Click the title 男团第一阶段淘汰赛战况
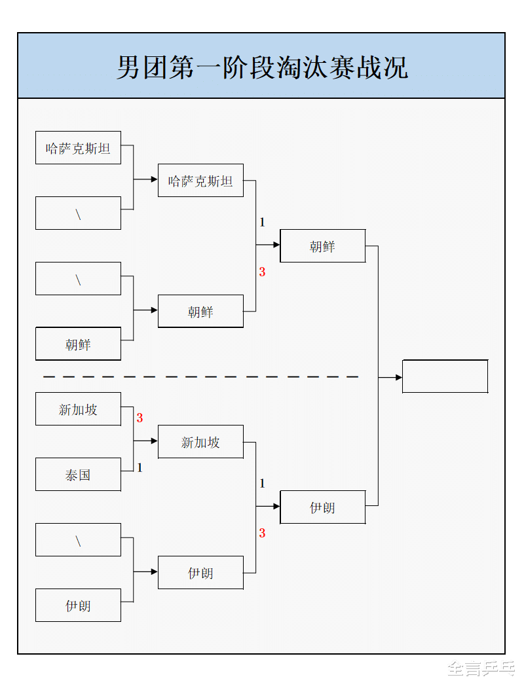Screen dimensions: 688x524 coord(262,67)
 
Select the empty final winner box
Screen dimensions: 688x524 coord(445,376)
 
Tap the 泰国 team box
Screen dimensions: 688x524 coord(78,475)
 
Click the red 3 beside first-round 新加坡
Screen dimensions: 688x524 coord(140,418)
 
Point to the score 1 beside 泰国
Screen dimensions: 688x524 coord(140,467)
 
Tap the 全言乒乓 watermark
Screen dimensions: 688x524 coord(480,668)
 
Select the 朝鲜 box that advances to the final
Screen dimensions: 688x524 coord(322,246)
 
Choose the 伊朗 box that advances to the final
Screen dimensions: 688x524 coord(322,507)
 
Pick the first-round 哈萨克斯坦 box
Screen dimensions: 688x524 coord(78,148)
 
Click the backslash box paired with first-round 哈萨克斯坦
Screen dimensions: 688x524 coord(78,213)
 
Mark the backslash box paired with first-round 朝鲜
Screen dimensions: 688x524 coord(78,279)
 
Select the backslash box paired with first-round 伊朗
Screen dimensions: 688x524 coord(78,540)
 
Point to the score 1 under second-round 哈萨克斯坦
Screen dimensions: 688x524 coord(262,223)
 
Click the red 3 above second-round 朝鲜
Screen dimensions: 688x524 coord(262,272)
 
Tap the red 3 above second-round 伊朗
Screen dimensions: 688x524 coord(262,533)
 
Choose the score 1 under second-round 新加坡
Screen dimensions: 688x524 coord(262,484)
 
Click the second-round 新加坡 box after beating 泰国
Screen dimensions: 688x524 coord(200,442)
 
